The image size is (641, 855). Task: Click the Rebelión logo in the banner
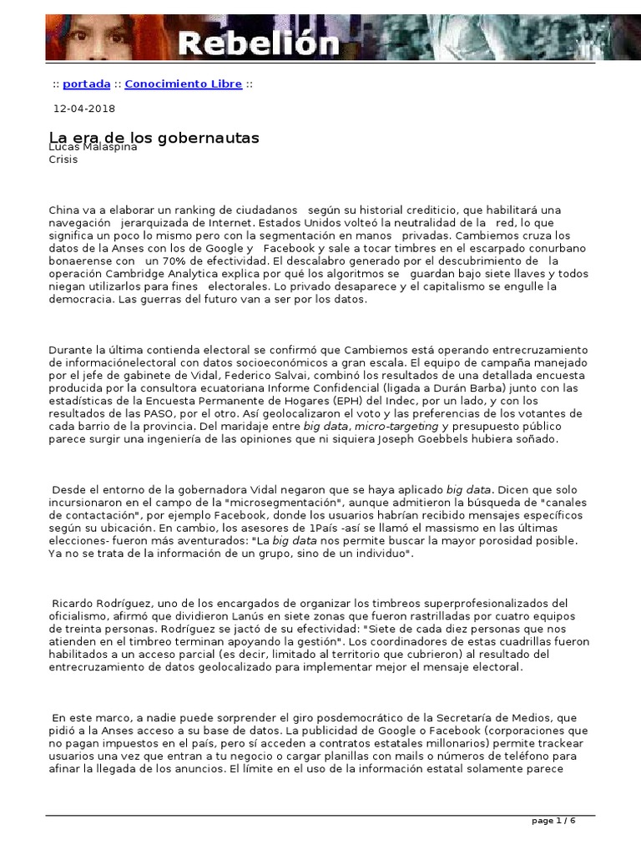256,43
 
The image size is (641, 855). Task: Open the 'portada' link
87,83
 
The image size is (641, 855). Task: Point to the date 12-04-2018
84,109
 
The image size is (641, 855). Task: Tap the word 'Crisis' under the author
63,159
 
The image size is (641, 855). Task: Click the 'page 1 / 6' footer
554,821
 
